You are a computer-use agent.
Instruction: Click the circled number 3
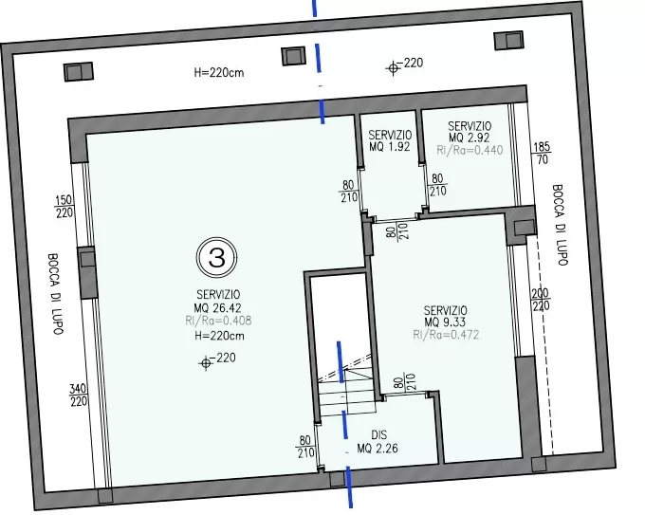pyautogui.click(x=217, y=258)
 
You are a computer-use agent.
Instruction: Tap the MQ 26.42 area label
pyautogui.click(x=217, y=307)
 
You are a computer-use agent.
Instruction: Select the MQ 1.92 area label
pyautogui.click(x=390, y=146)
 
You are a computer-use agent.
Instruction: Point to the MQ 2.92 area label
pyautogui.click(x=469, y=138)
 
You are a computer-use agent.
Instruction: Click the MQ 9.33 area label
pyautogui.click(x=445, y=322)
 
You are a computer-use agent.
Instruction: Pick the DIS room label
pyautogui.click(x=378, y=434)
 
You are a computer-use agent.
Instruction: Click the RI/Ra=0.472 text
pyautogui.click(x=446, y=335)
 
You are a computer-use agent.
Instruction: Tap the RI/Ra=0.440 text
pyautogui.click(x=470, y=150)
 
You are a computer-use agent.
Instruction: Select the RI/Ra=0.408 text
pyautogui.click(x=218, y=321)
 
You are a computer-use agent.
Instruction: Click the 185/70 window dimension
pyautogui.click(x=543, y=153)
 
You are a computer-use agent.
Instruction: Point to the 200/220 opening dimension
pyautogui.click(x=541, y=300)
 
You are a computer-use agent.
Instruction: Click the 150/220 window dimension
pyautogui.click(x=64, y=207)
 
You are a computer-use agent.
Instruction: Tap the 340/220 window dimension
pyautogui.click(x=78, y=395)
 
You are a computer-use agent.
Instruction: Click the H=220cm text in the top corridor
pyautogui.click(x=219, y=73)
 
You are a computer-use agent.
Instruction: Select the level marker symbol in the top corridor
pyautogui.click(x=394, y=68)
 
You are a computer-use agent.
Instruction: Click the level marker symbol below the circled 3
pyautogui.click(x=206, y=363)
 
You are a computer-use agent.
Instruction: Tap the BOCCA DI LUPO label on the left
pyautogui.click(x=55, y=294)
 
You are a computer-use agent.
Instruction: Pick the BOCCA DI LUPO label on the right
pyautogui.click(x=560, y=225)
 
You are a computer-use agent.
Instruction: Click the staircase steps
pyautogui.click(x=347, y=393)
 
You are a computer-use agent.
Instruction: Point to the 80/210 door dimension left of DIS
pyautogui.click(x=304, y=447)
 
